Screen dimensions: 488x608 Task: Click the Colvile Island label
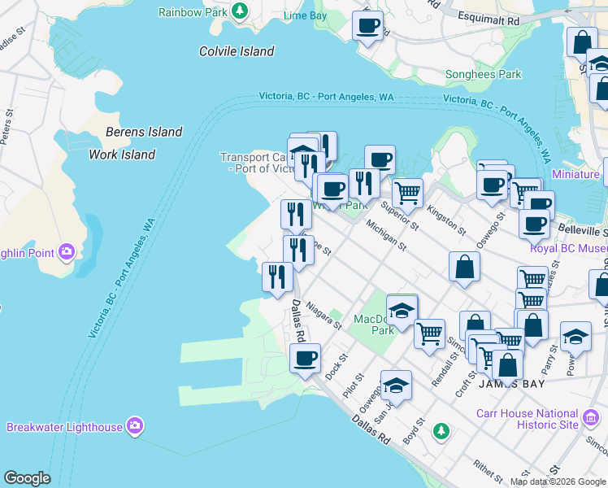(x=237, y=51)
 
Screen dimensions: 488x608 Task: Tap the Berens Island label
(x=144, y=132)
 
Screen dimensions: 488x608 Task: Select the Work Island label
(x=122, y=155)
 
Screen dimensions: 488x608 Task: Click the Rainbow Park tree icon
(x=240, y=11)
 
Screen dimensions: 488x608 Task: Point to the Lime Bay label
(x=306, y=16)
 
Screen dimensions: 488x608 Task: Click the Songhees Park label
(x=483, y=74)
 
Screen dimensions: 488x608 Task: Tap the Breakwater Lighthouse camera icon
(x=135, y=426)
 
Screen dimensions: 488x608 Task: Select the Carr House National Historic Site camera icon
(x=592, y=419)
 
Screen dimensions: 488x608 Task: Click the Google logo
(x=27, y=478)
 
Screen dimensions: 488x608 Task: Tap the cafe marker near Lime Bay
(x=367, y=26)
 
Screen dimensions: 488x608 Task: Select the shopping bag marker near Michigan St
(x=463, y=267)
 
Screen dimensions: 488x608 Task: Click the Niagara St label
(x=324, y=315)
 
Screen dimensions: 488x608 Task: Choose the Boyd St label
(x=419, y=429)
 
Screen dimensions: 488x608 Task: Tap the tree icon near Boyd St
(x=441, y=429)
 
